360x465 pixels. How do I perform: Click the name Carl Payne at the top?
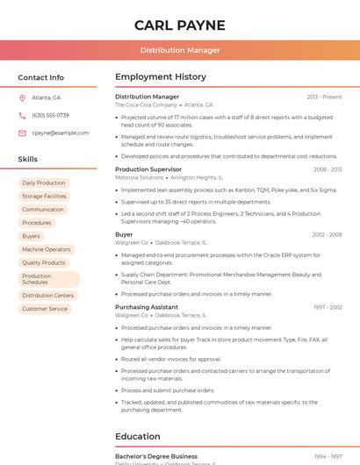[x=180, y=25]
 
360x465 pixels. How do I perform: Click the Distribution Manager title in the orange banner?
[x=180, y=50]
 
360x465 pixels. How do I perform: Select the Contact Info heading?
[x=40, y=77]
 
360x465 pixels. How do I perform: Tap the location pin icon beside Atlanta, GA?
[x=23, y=97]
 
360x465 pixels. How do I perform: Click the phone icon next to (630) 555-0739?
[x=23, y=115]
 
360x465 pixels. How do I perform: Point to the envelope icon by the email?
[x=23, y=132]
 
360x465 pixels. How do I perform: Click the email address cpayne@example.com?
[x=60, y=132]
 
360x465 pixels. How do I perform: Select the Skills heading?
[x=27, y=160]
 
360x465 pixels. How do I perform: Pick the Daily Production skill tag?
[x=44, y=183]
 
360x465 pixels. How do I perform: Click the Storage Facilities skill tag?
[x=44, y=197]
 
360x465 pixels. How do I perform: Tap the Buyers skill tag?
[x=32, y=236]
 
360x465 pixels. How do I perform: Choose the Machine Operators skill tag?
[x=46, y=249]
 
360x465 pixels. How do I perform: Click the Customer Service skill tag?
[x=45, y=309]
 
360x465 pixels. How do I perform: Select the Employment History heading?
[x=161, y=77]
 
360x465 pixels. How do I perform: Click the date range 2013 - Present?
[x=324, y=97]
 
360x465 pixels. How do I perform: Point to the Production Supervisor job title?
[x=148, y=169]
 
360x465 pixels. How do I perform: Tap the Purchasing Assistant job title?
[x=147, y=307]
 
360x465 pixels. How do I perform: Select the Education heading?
[x=138, y=436]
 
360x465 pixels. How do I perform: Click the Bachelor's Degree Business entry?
[x=156, y=456]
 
